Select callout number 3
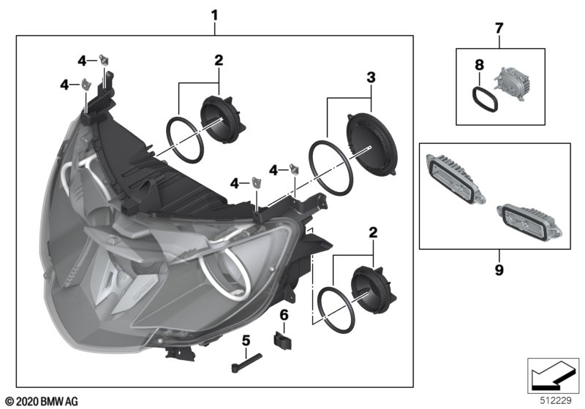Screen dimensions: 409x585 [371, 77]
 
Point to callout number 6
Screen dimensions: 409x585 [285, 314]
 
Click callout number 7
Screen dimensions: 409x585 [499, 28]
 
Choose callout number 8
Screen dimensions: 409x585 [480, 65]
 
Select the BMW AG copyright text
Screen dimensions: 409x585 [41, 401]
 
